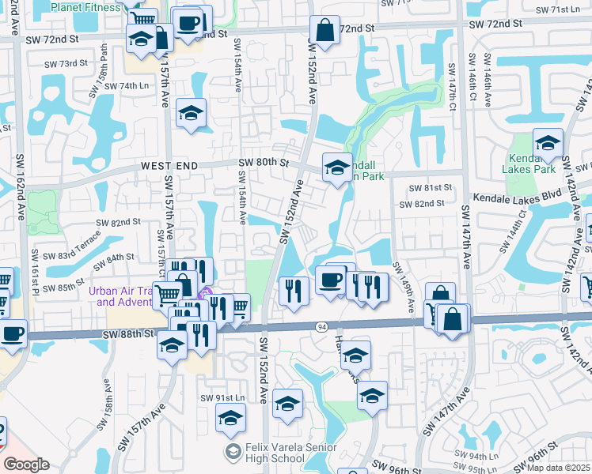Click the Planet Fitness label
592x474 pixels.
click(x=85, y=7)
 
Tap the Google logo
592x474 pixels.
click(x=25, y=465)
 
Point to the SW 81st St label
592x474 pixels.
click(x=430, y=188)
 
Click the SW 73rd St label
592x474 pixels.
click(x=65, y=63)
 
